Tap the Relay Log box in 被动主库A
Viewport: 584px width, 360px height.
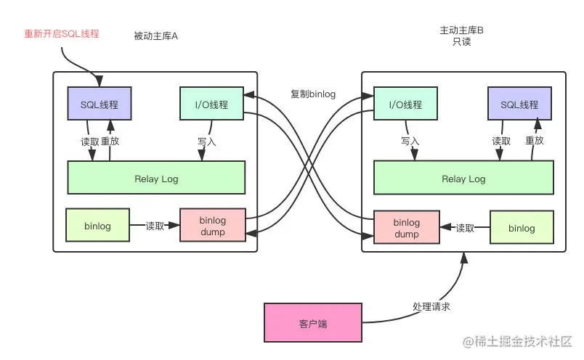(156, 179)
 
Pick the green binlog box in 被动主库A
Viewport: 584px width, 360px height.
(97, 226)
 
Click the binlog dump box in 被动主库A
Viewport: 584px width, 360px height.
(213, 226)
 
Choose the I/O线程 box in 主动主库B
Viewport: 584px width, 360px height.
(405, 104)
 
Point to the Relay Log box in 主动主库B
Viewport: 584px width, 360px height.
(463, 179)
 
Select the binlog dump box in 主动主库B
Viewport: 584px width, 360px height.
(406, 228)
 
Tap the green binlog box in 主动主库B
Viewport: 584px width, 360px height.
(521, 228)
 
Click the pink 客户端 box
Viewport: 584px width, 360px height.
(312, 324)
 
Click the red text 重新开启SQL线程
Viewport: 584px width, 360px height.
(62, 34)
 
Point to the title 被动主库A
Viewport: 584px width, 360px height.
(156, 36)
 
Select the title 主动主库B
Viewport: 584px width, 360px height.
(462, 31)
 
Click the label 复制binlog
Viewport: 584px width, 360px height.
(313, 94)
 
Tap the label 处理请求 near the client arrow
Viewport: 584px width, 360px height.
(432, 306)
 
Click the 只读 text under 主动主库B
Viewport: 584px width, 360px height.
(462, 42)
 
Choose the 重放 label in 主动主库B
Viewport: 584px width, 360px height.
(535, 141)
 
